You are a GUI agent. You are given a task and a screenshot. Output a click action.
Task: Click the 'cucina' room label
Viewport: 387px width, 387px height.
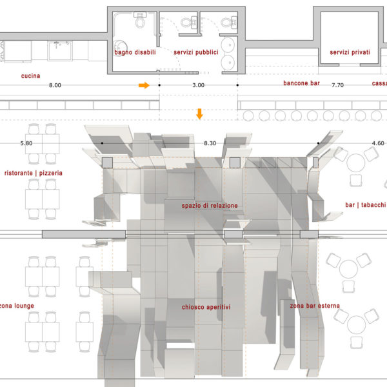(x=30, y=75)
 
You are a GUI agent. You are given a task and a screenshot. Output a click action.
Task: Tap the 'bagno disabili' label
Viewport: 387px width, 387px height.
(x=135, y=52)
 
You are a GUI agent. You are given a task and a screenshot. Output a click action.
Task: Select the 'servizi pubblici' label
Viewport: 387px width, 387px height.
(x=196, y=52)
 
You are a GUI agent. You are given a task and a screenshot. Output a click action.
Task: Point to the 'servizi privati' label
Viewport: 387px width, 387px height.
(x=350, y=52)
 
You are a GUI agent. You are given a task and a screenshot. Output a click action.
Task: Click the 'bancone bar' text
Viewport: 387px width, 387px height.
(x=301, y=83)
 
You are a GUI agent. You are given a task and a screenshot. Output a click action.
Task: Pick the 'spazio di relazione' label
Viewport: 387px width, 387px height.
(x=210, y=206)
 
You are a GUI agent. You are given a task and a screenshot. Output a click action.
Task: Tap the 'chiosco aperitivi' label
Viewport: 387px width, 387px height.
(x=206, y=307)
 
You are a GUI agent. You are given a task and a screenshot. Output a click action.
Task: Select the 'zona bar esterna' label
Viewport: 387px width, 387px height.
(x=315, y=306)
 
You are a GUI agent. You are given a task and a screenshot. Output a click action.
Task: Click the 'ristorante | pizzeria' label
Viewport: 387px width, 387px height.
(x=34, y=173)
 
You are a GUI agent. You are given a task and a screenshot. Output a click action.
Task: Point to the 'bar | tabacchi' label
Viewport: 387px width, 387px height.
(x=365, y=205)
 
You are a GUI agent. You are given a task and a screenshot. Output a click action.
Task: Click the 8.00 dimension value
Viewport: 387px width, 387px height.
(x=55, y=85)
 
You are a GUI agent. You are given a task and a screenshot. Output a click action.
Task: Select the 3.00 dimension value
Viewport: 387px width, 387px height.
(x=199, y=85)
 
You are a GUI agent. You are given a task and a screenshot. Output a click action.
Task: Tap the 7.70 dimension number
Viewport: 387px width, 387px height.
(x=337, y=85)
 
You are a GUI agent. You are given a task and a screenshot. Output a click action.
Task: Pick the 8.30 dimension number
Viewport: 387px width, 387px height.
(x=210, y=143)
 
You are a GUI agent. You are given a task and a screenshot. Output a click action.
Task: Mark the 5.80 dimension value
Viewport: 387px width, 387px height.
(x=26, y=143)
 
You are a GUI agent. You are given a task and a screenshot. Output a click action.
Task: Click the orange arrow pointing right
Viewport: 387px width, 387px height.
(x=144, y=85)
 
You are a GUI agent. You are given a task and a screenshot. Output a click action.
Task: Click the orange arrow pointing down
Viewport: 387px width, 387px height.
(x=199, y=114)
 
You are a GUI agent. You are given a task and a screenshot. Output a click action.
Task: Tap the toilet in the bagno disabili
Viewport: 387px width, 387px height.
(x=140, y=20)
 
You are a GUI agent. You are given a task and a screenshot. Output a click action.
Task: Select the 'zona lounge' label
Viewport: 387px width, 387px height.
(x=17, y=306)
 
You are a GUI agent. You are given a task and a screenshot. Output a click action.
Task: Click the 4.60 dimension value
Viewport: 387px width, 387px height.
(x=378, y=143)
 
